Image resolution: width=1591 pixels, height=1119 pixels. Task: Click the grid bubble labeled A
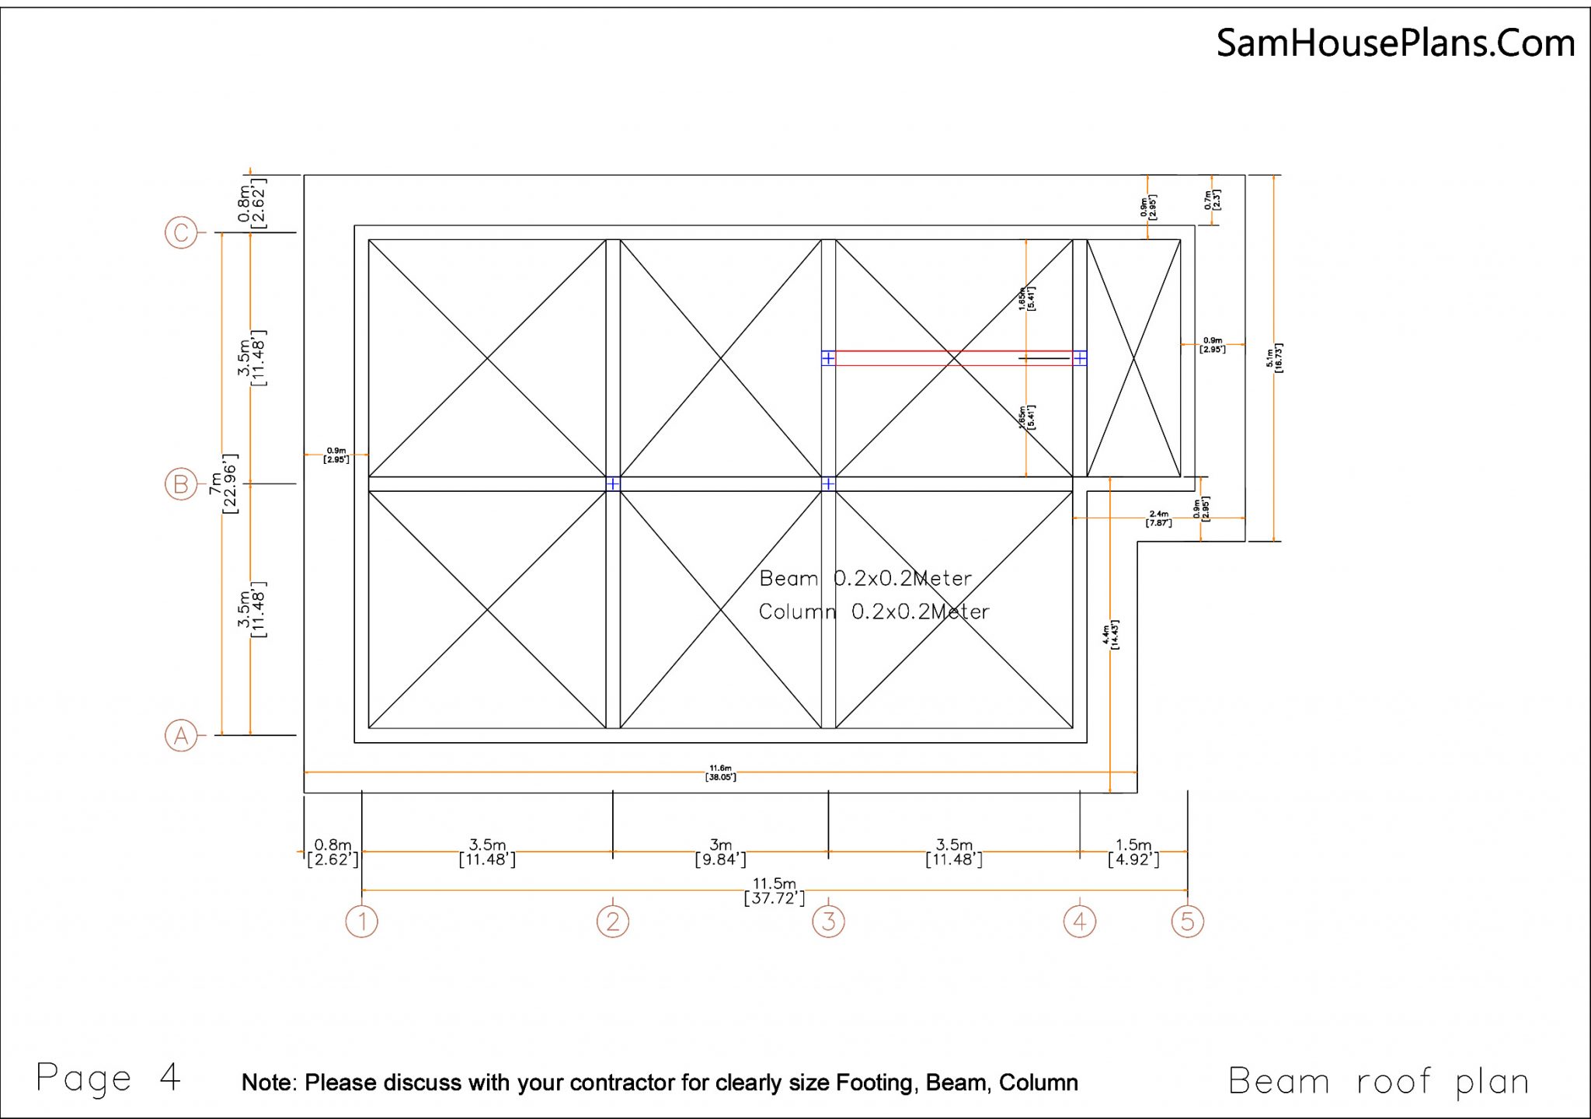tap(181, 735)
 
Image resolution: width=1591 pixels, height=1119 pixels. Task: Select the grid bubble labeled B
tap(181, 484)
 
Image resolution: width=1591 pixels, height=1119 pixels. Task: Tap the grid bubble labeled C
tap(181, 232)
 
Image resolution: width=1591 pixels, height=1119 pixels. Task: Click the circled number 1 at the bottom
tap(361, 922)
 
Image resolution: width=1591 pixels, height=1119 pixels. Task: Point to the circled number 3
tap(828, 922)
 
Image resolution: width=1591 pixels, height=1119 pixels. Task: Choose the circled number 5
tap(1187, 922)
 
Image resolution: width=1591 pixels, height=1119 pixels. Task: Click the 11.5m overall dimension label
tap(775, 891)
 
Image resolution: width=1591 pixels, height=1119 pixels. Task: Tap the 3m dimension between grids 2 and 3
tap(720, 852)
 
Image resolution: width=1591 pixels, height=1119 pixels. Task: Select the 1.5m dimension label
tap(1133, 852)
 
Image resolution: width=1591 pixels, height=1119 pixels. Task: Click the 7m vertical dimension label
tap(223, 484)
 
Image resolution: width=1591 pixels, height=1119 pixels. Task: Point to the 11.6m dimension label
tap(720, 772)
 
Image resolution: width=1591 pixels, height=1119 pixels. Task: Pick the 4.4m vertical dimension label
tap(1110, 634)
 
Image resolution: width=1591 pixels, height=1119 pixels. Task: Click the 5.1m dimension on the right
tap(1274, 357)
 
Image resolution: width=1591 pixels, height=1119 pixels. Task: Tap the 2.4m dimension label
tap(1158, 518)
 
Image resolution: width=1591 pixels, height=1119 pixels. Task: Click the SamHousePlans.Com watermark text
tap(1395, 43)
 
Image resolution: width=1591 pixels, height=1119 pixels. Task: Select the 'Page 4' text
tap(109, 1079)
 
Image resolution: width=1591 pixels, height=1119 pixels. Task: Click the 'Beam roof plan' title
tap(1378, 1082)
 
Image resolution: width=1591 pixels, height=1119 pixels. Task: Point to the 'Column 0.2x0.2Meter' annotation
tap(873, 612)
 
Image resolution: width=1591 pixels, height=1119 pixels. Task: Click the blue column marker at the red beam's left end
tap(828, 358)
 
